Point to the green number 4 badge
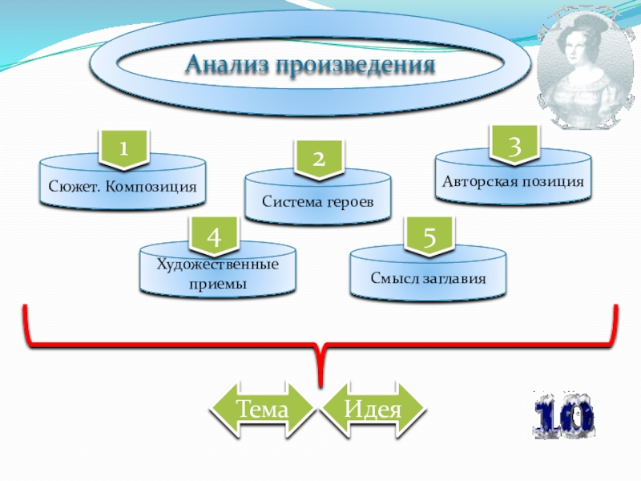point(212,236)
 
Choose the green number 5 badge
point(429,237)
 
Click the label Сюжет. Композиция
point(121,188)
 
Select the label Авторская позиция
point(513,181)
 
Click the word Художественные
point(218,264)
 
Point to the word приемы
point(218,283)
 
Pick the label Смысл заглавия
point(429,278)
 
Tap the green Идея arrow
point(372,410)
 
